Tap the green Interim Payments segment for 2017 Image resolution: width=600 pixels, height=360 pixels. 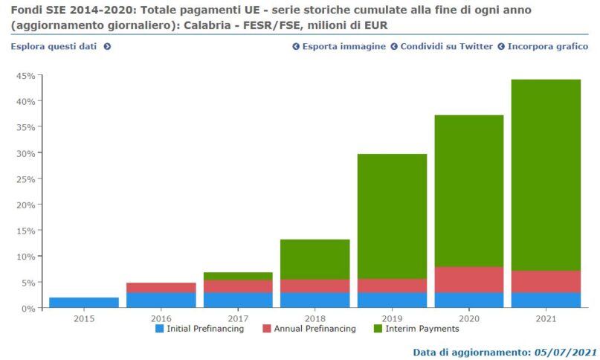[x=238, y=277]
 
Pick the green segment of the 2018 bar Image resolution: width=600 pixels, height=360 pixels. [x=314, y=259]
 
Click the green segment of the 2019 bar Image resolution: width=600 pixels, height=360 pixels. [x=392, y=216]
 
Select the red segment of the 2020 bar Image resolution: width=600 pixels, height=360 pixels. [x=468, y=279]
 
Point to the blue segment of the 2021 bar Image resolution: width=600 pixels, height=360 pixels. [x=546, y=300]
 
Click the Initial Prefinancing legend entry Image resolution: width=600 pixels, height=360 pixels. [x=199, y=329]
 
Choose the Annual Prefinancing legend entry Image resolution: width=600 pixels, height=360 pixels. [x=309, y=329]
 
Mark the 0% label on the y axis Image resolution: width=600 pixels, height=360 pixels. [x=28, y=308]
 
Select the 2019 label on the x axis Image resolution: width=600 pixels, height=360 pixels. [x=392, y=318]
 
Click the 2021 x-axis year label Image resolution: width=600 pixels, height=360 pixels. [x=546, y=318]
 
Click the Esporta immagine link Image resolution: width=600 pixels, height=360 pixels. [x=339, y=46]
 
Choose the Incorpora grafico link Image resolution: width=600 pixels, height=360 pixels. [x=543, y=46]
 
